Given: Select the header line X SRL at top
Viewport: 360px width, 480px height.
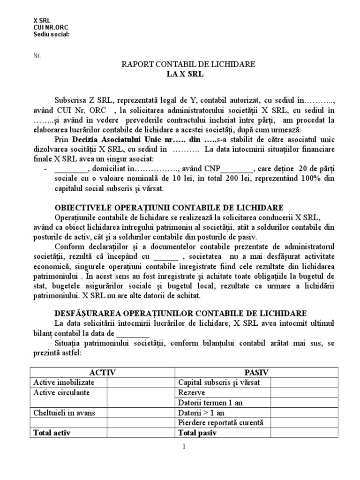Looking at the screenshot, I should point(42,22).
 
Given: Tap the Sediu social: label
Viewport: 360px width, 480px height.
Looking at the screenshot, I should point(51,34).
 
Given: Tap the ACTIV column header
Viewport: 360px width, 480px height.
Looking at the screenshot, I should point(103,372).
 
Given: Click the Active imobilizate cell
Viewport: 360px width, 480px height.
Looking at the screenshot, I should point(61,382).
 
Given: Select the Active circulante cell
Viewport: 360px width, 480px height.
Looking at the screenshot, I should point(61,392).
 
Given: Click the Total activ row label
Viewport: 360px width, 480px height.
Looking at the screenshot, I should point(52,433).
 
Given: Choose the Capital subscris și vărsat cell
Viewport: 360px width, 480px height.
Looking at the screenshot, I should point(219,382).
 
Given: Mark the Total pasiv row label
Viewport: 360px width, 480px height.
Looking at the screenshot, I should point(198,433).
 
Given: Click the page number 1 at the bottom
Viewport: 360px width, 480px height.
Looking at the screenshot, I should point(184,446).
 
